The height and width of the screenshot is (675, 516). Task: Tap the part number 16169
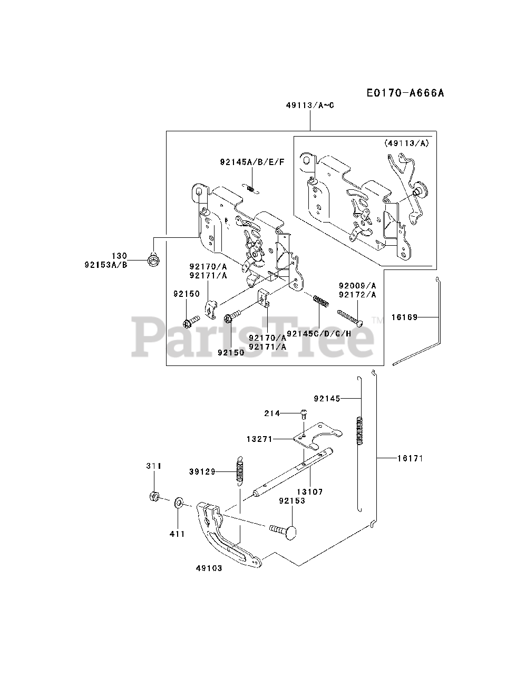[404, 317]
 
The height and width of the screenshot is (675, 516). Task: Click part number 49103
[209, 568]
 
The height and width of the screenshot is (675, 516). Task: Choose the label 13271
[259, 438]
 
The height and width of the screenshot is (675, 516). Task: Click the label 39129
[202, 472]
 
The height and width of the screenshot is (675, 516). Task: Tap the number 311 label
[154, 466]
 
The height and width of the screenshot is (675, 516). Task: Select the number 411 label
[177, 534]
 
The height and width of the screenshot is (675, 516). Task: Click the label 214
[272, 413]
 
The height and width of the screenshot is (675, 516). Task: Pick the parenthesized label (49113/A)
[406, 142]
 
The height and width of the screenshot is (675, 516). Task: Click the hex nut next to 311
[154, 496]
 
